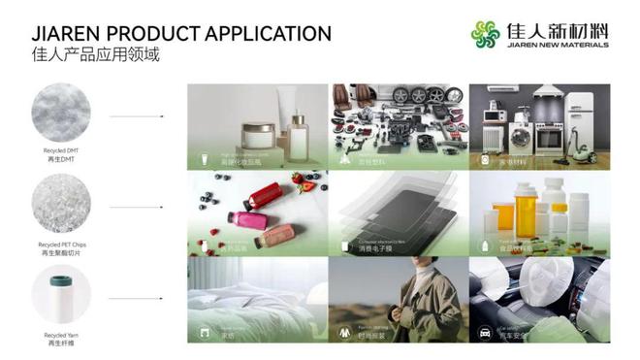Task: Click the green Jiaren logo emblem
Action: pos(486,35)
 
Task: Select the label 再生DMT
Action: pos(60,159)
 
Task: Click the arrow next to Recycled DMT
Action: pos(135,116)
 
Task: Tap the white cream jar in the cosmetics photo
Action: pos(258,135)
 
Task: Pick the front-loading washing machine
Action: pos(521,137)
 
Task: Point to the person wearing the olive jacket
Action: pos(427,301)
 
